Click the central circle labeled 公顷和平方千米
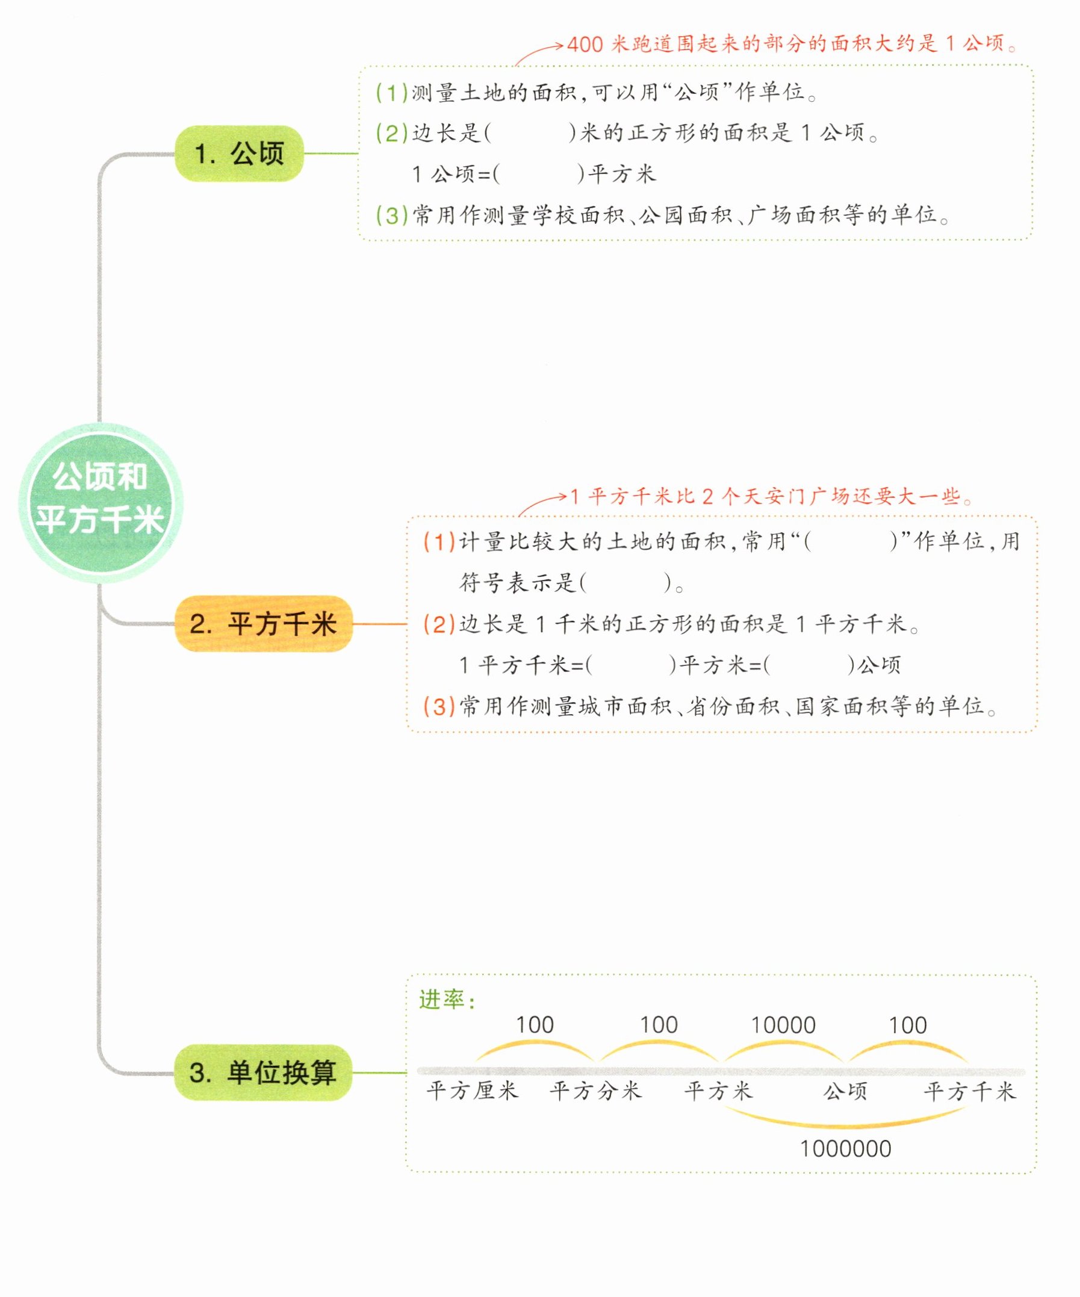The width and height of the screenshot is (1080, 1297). [101, 502]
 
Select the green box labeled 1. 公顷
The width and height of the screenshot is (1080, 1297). [240, 153]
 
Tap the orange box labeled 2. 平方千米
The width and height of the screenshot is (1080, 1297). [264, 624]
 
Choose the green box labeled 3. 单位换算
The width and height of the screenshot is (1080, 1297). [263, 1072]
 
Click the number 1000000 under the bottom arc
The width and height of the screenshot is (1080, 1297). [845, 1149]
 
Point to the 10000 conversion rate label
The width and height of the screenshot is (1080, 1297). [783, 1025]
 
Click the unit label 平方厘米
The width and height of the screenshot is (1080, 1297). [473, 1091]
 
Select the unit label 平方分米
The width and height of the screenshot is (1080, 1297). [596, 1091]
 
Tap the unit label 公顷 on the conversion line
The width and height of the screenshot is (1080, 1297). [845, 1091]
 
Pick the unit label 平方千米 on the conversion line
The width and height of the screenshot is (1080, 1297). [969, 1091]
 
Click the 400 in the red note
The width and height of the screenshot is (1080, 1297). [585, 45]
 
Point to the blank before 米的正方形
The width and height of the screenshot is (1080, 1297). [530, 133]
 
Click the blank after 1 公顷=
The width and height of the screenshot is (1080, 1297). [538, 174]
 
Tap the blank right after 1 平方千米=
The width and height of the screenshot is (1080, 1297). [631, 665]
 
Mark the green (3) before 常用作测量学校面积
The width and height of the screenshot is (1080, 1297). [392, 215]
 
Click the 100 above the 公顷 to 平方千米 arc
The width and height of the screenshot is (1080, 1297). [907, 1025]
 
